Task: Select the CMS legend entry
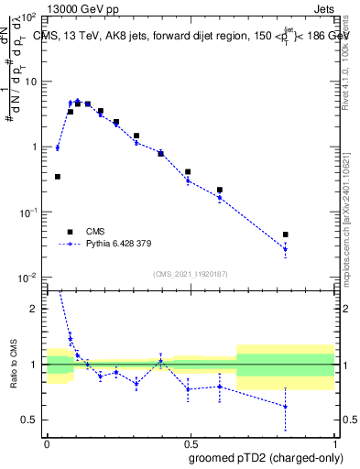[92, 232]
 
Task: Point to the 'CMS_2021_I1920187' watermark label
[190, 273]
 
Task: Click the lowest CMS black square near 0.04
[58, 177]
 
